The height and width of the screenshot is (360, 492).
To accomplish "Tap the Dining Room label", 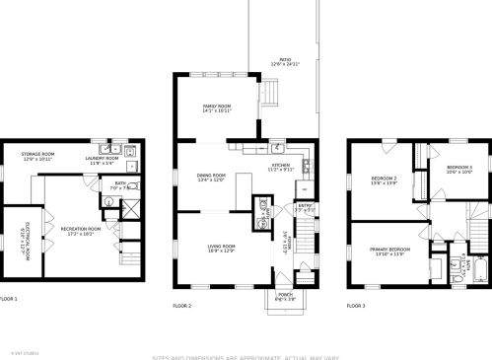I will pyautogui.click(x=211, y=178).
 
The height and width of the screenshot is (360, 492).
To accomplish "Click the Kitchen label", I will pyautogui.click(x=281, y=168).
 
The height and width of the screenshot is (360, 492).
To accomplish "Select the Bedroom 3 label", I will pyautogui.click(x=458, y=169).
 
